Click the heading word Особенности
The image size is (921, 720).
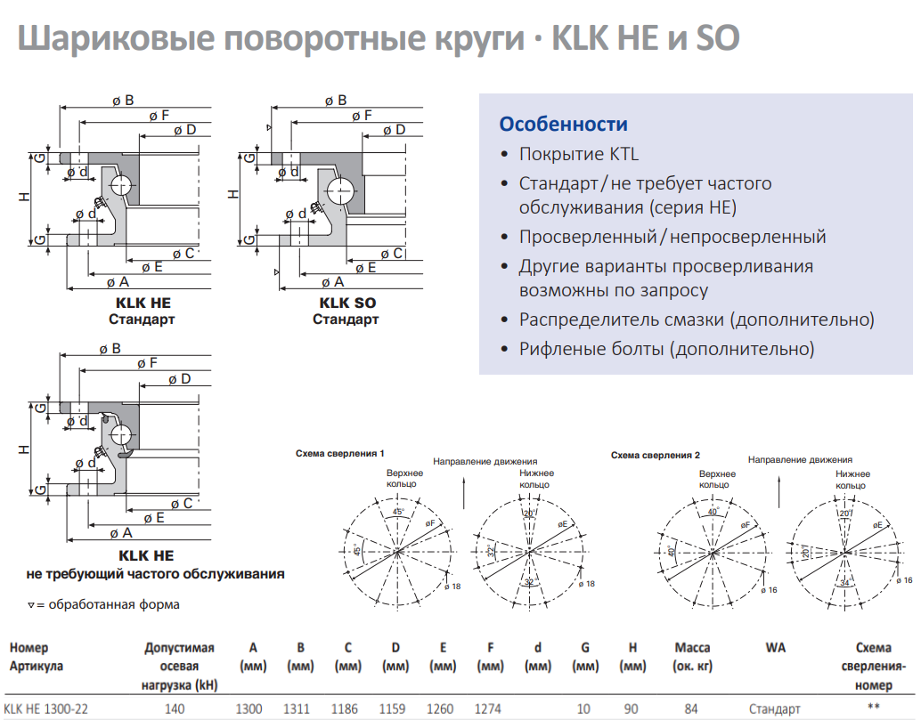(x=563, y=125)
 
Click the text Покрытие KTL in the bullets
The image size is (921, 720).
(x=579, y=154)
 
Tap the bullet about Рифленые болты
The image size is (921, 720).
(x=666, y=349)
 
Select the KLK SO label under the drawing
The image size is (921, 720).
(x=347, y=303)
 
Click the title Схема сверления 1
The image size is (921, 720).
(x=339, y=454)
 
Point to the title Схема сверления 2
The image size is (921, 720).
(x=656, y=456)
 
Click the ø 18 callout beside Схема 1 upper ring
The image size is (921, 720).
(x=452, y=587)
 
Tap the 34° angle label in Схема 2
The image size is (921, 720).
(x=844, y=583)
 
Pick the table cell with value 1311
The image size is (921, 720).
(x=297, y=708)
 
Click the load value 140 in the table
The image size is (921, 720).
(x=175, y=708)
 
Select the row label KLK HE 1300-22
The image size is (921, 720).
(x=45, y=708)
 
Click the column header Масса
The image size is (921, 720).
(x=692, y=648)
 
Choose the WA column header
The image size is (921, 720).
(x=775, y=648)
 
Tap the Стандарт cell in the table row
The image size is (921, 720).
(x=775, y=709)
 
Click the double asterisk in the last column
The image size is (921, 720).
(x=874, y=707)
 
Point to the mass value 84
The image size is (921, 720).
(x=691, y=708)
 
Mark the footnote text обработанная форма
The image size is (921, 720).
(x=114, y=605)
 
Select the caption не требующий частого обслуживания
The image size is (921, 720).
(x=156, y=574)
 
